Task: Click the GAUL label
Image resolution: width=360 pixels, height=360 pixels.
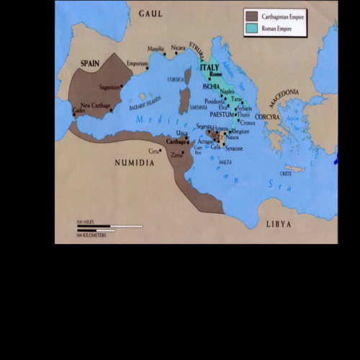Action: pyautogui.click(x=150, y=13)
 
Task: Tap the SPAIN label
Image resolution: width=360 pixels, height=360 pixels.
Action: pyautogui.click(x=89, y=63)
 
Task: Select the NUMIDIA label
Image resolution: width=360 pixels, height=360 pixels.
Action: pyautogui.click(x=135, y=163)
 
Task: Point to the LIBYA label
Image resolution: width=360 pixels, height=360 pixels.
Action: pyautogui.click(x=279, y=224)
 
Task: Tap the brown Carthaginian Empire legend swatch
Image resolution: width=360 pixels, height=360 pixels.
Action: pyautogui.click(x=251, y=14)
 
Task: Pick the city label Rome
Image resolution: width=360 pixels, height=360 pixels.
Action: pyautogui.click(x=212, y=75)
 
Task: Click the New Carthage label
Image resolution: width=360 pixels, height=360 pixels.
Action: pyautogui.click(x=96, y=105)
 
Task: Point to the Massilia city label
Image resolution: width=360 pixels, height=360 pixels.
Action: pyautogui.click(x=156, y=49)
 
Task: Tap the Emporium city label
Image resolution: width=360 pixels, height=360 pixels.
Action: pyautogui.click(x=137, y=63)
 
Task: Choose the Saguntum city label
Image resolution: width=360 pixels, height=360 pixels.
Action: pyautogui.click(x=109, y=87)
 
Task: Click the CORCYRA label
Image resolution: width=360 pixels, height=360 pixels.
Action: pyautogui.click(x=267, y=116)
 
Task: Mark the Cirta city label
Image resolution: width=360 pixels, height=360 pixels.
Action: pyautogui.click(x=153, y=151)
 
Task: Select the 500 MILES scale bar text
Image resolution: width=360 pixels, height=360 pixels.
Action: pyautogui.click(x=86, y=222)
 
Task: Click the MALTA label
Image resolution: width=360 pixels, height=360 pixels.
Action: pyautogui.click(x=225, y=164)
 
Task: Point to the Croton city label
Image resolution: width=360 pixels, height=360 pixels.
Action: pyautogui.click(x=248, y=122)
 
